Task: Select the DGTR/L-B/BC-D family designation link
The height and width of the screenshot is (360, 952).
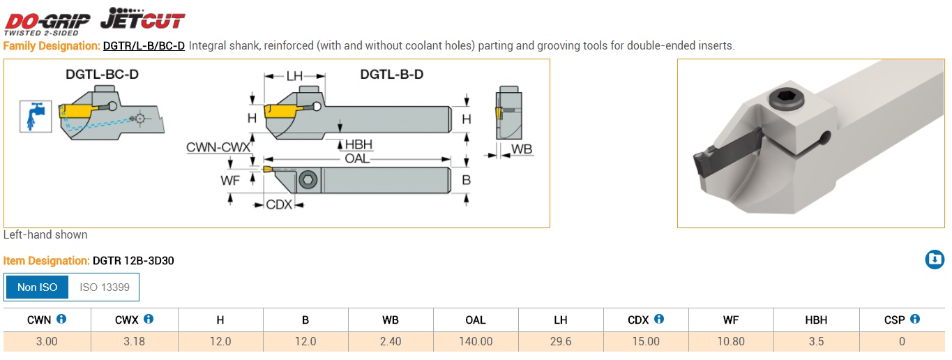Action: pyautogui.click(x=144, y=46)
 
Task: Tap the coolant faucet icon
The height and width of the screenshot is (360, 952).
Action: pyautogui.click(x=35, y=116)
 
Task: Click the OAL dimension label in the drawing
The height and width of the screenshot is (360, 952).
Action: pyautogui.click(x=357, y=159)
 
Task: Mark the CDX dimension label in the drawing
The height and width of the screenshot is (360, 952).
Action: pyautogui.click(x=279, y=204)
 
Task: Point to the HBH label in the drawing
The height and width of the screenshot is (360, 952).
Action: pyautogui.click(x=358, y=144)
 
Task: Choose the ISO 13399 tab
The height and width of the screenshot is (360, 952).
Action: pyautogui.click(x=104, y=287)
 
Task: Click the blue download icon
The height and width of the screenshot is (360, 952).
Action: pyautogui.click(x=934, y=260)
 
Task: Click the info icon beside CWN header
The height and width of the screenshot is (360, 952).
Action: pyautogui.click(x=61, y=320)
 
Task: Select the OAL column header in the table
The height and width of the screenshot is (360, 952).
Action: pyautogui.click(x=475, y=320)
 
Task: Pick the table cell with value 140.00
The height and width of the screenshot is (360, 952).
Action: pyautogui.click(x=475, y=342)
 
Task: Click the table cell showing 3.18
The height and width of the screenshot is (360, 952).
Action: pyautogui.click(x=134, y=342)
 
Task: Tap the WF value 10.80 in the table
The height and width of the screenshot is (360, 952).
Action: pyautogui.click(x=731, y=342)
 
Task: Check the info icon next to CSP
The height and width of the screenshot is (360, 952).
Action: pyautogui.click(x=915, y=320)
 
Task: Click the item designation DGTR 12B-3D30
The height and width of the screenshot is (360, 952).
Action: pyautogui.click(x=133, y=261)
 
